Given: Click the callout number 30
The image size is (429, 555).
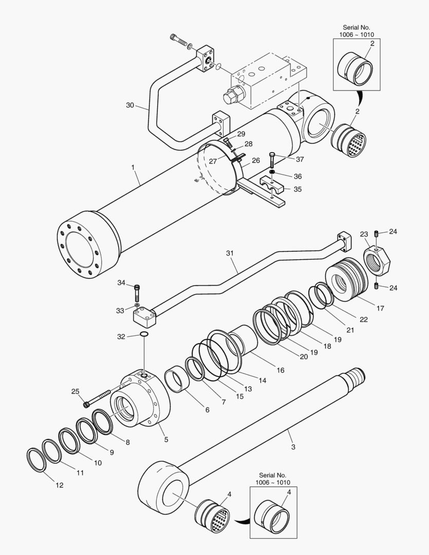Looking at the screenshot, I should tap(130, 105).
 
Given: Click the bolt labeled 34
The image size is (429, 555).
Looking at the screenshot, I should tap(137, 293).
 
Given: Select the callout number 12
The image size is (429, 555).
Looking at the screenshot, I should tap(60, 485).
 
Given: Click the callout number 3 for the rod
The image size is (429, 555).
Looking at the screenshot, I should tap(293, 447).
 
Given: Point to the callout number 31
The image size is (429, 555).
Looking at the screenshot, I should tap(230, 253).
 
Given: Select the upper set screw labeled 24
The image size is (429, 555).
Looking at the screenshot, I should tap(377, 234).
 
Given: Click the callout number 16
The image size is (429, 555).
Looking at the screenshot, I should tap(281, 370).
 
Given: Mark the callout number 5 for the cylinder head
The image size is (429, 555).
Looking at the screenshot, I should tap(165, 439).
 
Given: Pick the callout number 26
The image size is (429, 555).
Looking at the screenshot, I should tap(255, 161).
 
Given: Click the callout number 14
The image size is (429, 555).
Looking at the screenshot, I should tap(262, 381).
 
